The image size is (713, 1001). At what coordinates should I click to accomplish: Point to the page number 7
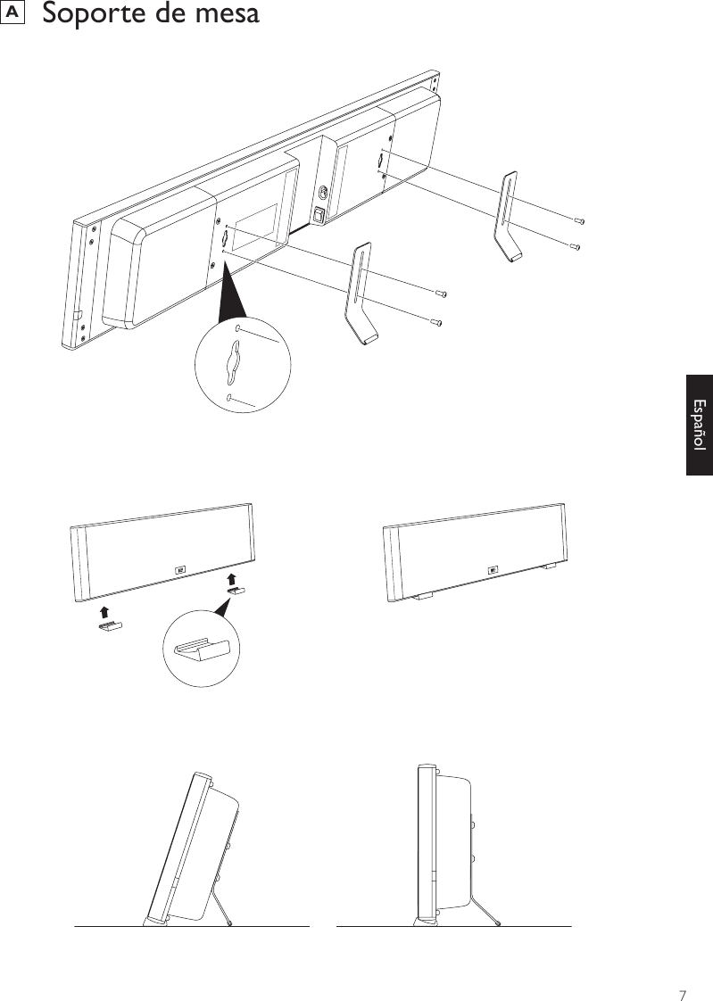coord(682,971)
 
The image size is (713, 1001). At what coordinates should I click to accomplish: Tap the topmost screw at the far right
coord(578,219)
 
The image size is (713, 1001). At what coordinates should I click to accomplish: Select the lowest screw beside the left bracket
coord(435,322)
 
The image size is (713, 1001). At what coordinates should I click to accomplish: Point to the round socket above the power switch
coord(321,192)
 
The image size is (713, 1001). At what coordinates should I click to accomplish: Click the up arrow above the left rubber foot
coord(105,611)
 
